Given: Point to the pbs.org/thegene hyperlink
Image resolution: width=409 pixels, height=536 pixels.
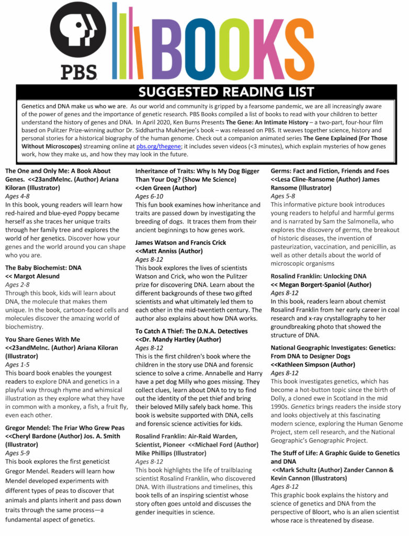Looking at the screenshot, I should (157, 147).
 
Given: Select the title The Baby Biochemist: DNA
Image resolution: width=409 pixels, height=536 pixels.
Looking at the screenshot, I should (43, 267).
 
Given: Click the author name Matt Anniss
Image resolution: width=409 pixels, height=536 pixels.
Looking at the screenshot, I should (167, 251).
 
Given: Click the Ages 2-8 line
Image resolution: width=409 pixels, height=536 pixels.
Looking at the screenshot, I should (19, 284).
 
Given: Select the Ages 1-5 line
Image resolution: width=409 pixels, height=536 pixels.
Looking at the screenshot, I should (19, 364).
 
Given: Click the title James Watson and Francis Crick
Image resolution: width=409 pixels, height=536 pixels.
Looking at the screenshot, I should (181, 242).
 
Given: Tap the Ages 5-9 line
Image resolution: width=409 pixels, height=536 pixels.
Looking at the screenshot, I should (19, 453).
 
